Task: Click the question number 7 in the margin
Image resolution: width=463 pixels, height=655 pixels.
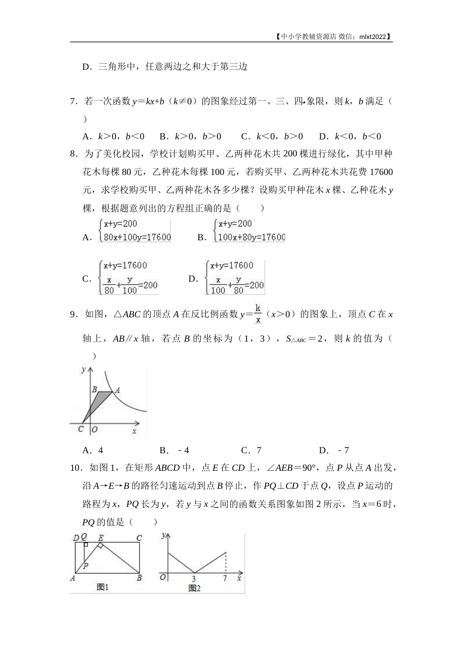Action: pos(73,101)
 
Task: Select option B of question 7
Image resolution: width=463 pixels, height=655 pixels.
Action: pos(190,136)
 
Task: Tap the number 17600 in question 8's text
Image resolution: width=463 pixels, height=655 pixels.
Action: pos(381,172)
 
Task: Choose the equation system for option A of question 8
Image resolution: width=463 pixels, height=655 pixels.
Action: pos(134,231)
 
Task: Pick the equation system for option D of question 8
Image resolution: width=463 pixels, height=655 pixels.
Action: pos(234,278)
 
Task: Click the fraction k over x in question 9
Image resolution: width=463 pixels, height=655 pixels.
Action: pos(258,314)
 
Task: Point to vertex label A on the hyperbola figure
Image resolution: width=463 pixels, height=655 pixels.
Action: pos(117,390)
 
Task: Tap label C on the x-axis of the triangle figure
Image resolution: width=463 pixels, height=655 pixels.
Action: pos(81,429)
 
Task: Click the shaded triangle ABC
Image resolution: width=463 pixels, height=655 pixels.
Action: pos(100,401)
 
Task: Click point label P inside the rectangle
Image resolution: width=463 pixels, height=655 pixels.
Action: pos(86,566)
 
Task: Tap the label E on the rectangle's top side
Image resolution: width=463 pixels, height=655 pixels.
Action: pos(100,538)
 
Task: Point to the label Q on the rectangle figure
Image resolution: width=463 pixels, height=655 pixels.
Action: pos(84,537)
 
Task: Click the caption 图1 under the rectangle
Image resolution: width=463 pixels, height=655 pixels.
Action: pos(102,587)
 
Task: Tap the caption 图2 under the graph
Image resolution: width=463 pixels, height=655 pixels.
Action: pos(194,588)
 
